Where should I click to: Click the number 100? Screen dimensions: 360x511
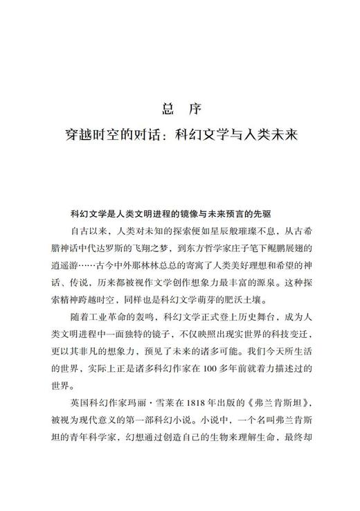tap(220, 373)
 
